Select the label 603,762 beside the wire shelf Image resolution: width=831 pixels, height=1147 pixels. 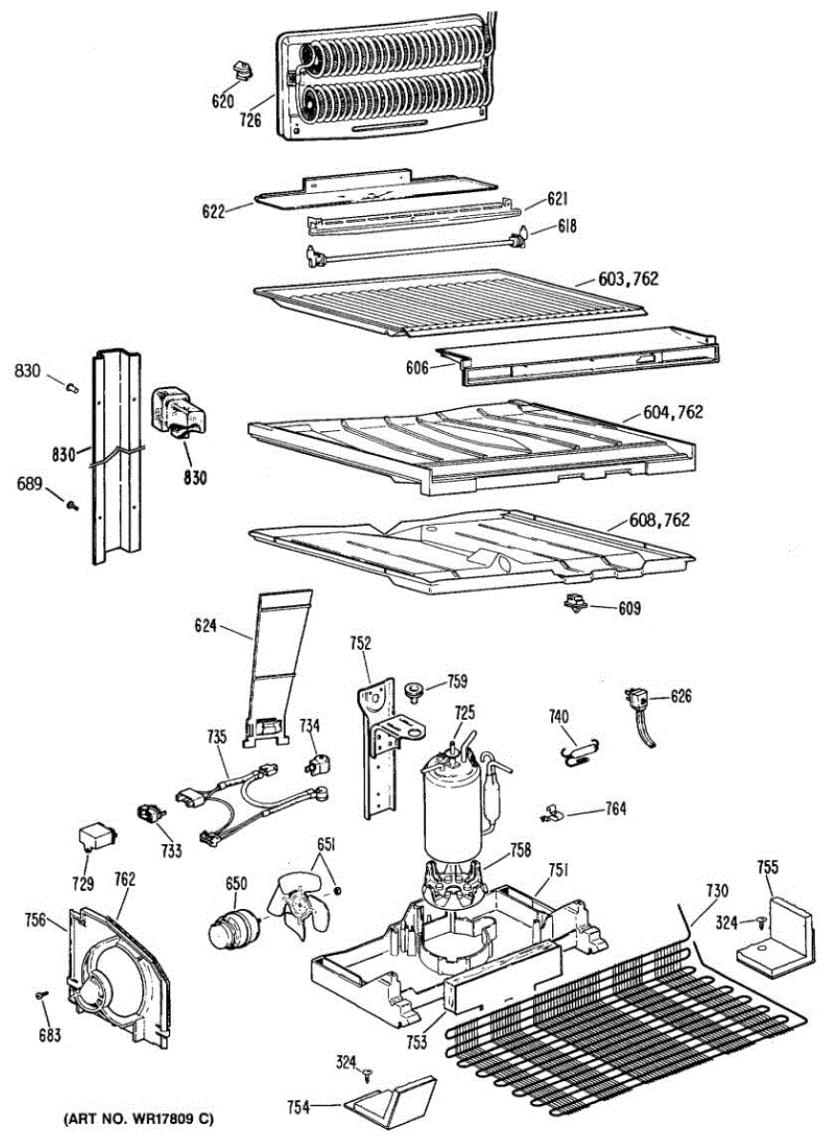629,279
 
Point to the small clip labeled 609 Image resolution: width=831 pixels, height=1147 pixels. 576,604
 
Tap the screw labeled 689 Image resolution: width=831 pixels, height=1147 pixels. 72,503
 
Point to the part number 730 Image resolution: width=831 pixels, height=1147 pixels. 717,891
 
